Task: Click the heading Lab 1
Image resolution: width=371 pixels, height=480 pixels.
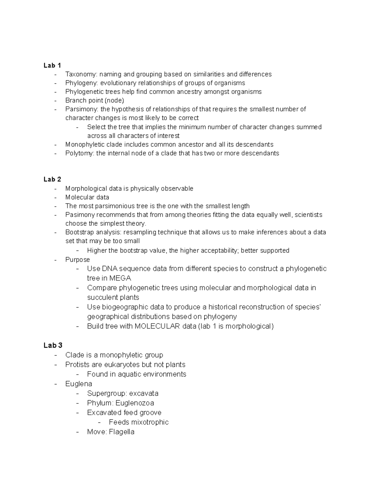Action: tap(52, 65)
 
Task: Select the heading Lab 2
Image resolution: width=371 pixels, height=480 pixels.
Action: tap(52, 179)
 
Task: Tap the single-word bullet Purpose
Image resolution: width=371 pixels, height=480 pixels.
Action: tap(78, 260)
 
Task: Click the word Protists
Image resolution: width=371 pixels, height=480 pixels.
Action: tap(77, 365)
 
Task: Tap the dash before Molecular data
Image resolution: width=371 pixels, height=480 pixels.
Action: tap(55, 198)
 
